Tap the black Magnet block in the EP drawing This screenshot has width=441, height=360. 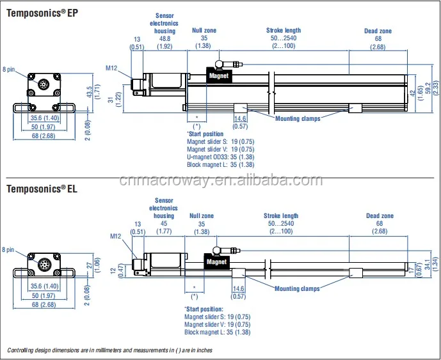218,75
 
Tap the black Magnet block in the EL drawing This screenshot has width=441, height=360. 217,262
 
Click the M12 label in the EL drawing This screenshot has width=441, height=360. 115,236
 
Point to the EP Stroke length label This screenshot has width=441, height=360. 284,30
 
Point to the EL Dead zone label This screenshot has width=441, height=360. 380,216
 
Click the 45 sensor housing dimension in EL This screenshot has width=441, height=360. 163,223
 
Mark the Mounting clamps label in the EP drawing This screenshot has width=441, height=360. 298,118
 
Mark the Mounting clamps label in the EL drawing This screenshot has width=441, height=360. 297,289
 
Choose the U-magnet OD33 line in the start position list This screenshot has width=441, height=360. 220,157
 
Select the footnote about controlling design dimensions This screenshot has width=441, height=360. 109,350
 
